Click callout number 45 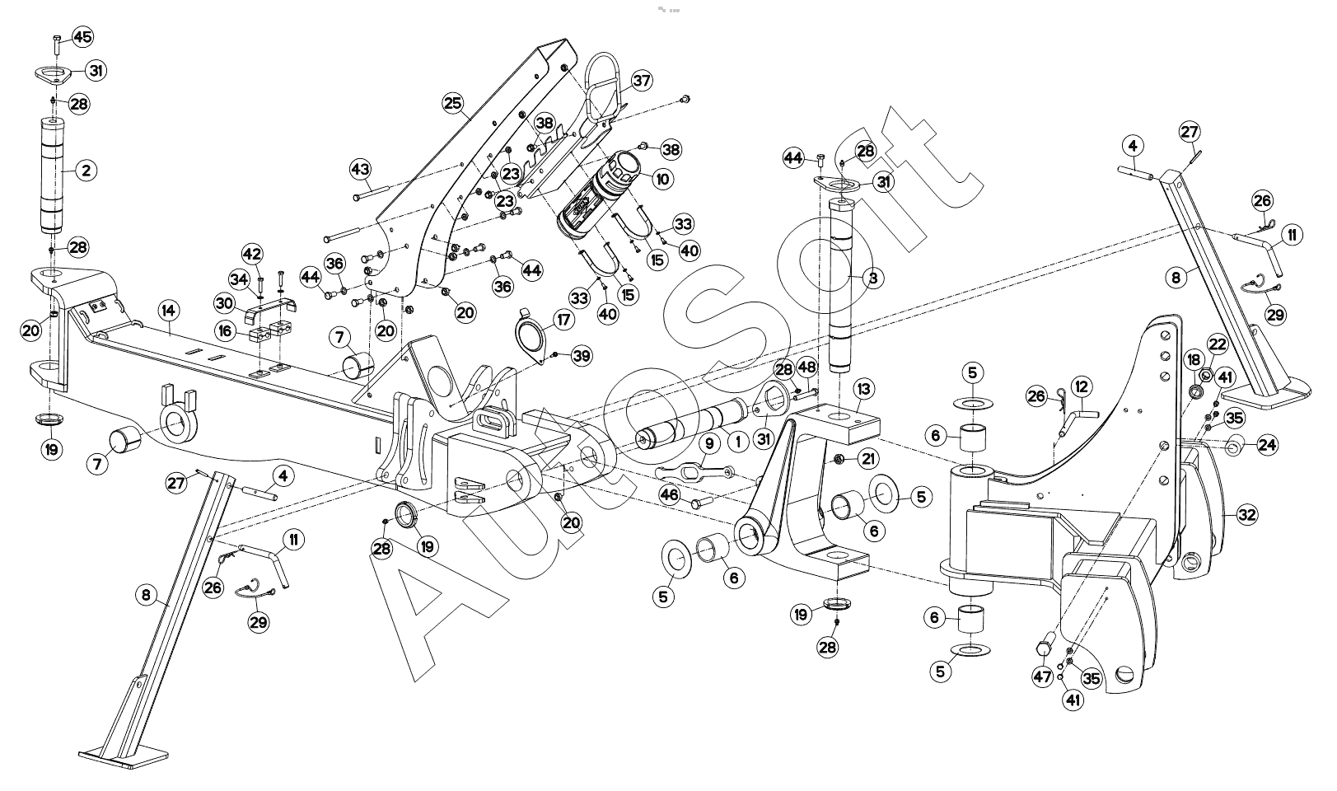[x=83, y=36]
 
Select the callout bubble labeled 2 [x=85, y=171]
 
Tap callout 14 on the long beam [x=168, y=311]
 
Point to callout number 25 [x=451, y=103]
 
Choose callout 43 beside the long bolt [x=360, y=169]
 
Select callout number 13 [x=863, y=388]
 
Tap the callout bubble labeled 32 [x=1246, y=516]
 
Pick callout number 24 [x=1267, y=446]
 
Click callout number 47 [x=1042, y=678]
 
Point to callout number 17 [x=563, y=319]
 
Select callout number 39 [x=582, y=355]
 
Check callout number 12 [x=1081, y=386]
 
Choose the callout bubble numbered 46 [x=669, y=494]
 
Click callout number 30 [x=225, y=302]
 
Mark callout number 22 [x=1218, y=344]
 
